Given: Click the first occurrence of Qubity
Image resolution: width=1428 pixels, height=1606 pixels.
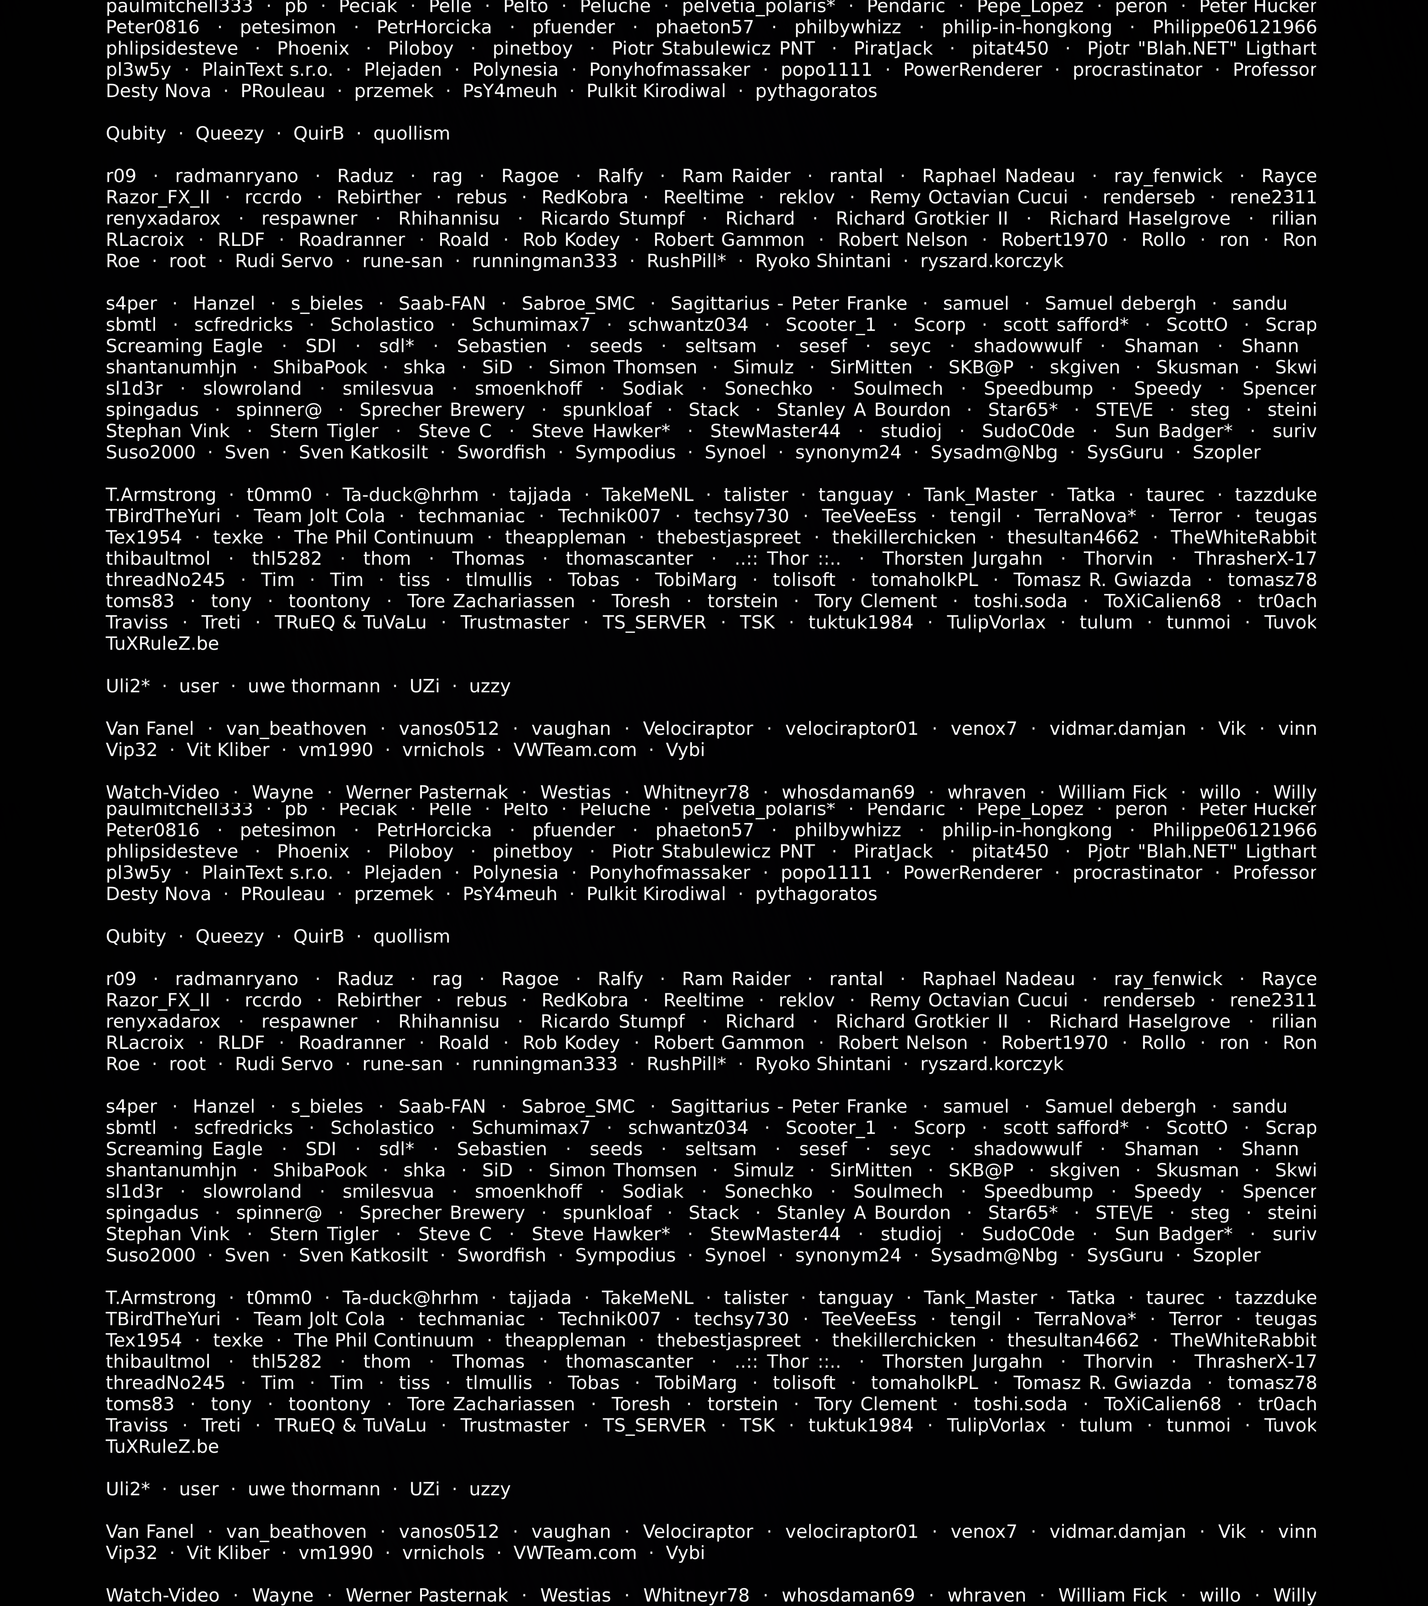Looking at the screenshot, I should [x=136, y=133].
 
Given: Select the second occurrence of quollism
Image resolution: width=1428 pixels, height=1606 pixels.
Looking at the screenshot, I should [x=411, y=936].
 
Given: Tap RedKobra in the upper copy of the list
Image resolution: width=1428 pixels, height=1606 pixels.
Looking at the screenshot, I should [x=585, y=197].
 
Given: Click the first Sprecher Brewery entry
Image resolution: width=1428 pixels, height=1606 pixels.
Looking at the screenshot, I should [x=442, y=410].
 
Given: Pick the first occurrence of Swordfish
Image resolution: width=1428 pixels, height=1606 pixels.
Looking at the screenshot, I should [x=502, y=453].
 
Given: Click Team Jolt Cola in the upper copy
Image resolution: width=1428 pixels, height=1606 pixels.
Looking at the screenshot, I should [x=319, y=516].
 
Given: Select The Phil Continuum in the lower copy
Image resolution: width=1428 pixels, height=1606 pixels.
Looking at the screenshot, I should [x=383, y=1340].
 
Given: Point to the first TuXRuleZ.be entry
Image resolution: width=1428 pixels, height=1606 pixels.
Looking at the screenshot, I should [x=162, y=643].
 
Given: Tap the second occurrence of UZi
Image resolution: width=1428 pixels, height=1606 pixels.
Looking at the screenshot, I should [x=424, y=1489].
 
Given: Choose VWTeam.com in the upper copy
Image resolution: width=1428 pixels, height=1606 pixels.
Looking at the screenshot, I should [x=574, y=749].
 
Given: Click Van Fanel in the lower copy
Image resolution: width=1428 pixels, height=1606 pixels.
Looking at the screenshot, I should [x=149, y=1531].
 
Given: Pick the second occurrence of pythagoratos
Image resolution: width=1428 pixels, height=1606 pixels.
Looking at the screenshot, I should [x=816, y=894].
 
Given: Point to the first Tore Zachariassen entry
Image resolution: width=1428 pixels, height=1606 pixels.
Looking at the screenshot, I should [x=491, y=601].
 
